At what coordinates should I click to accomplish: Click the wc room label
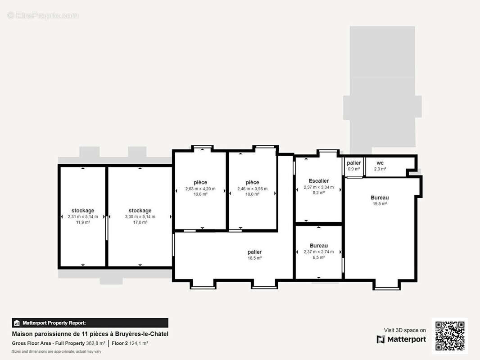[x=380, y=163]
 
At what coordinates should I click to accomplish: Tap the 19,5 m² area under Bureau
[x=380, y=204]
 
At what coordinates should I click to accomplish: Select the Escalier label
[x=319, y=181]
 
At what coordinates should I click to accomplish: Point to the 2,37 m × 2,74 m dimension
[x=319, y=252]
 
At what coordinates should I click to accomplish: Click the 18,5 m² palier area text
[x=255, y=258]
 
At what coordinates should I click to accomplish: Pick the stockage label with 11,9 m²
[x=83, y=211]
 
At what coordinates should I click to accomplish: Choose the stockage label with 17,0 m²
[x=140, y=211]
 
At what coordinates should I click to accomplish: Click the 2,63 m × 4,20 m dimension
[x=200, y=189]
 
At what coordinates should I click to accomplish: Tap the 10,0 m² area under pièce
[x=252, y=194]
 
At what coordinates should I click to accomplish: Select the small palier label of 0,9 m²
[x=354, y=163]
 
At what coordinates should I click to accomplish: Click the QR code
[x=450, y=336]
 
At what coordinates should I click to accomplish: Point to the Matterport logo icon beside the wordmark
[x=381, y=339]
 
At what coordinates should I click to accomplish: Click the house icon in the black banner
[x=17, y=323]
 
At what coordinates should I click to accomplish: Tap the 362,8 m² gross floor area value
[x=95, y=343]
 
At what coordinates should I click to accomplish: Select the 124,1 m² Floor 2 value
[x=139, y=343]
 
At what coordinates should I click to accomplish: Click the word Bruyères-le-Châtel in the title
[x=142, y=334]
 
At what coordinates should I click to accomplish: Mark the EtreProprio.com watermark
[x=43, y=15]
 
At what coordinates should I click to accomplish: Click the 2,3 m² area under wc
[x=380, y=169]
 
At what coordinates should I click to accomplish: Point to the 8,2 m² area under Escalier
[x=319, y=193]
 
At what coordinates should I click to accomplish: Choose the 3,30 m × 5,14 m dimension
[x=140, y=216]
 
